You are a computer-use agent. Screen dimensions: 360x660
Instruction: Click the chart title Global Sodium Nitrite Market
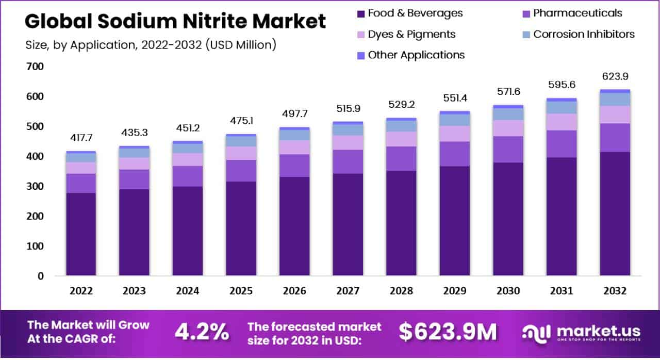point(175,22)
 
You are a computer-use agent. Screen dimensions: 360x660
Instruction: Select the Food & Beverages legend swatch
point(360,13)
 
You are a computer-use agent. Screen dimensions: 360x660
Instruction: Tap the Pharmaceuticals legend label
point(577,13)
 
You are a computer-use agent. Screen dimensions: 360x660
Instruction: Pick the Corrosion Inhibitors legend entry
point(584,35)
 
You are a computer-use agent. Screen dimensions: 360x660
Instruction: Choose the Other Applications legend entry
point(416,55)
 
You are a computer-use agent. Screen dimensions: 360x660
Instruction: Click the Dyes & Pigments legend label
point(411,35)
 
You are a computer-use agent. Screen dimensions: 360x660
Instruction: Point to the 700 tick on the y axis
point(39,67)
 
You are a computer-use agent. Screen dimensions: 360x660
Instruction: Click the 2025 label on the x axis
point(241,291)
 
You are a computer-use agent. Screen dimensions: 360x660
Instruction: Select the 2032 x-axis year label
point(614,291)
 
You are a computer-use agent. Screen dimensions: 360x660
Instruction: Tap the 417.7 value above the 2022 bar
point(81,138)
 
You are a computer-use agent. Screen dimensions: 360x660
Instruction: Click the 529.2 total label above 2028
point(401,105)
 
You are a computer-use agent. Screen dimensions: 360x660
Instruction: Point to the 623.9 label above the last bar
point(614,77)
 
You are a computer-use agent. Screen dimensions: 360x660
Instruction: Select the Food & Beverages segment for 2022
point(81,234)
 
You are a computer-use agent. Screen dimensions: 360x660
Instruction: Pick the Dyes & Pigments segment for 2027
point(348,142)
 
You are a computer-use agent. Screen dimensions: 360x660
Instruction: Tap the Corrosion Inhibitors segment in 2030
point(508,114)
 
